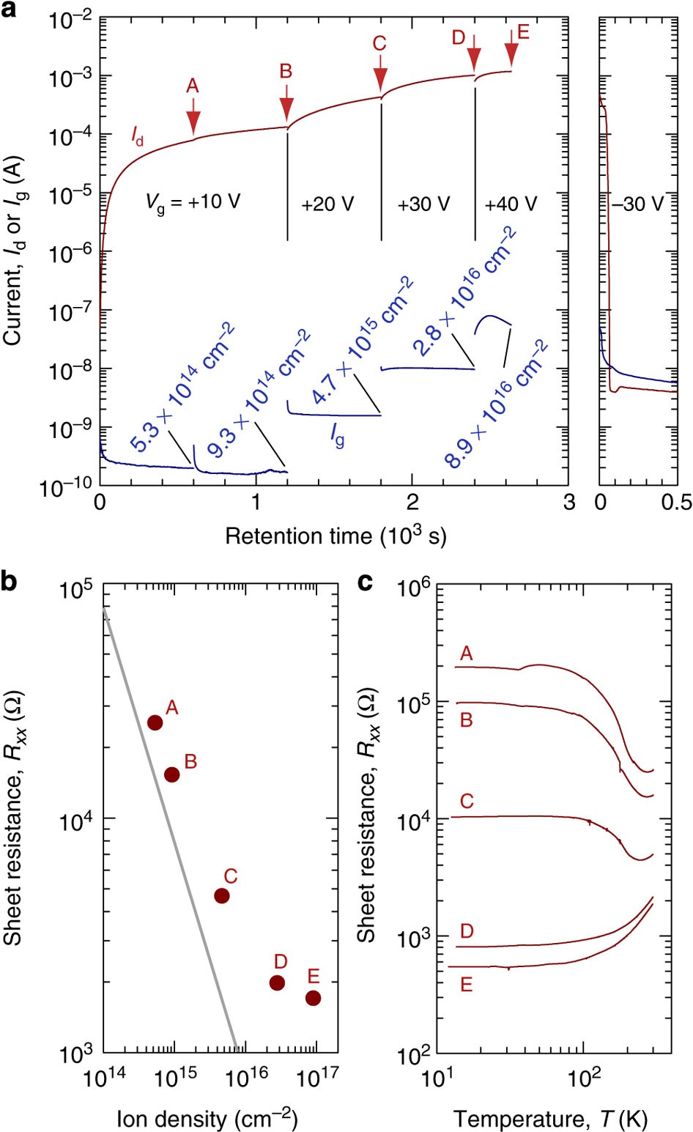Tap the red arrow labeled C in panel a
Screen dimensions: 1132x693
click(x=380, y=76)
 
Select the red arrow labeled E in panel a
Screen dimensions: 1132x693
click(x=511, y=51)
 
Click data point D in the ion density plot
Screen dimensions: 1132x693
click(x=277, y=983)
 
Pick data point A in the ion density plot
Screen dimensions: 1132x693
click(x=155, y=722)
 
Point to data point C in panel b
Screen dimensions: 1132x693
click(x=222, y=895)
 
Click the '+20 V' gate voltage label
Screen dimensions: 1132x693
click(x=327, y=204)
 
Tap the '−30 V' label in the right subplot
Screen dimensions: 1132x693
click(x=637, y=204)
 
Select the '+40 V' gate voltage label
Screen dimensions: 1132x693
click(x=511, y=204)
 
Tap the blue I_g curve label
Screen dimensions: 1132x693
click(x=337, y=437)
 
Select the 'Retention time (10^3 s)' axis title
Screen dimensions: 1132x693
click(x=336, y=536)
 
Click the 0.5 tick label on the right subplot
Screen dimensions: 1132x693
click(x=676, y=503)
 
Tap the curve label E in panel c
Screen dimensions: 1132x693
click(x=467, y=985)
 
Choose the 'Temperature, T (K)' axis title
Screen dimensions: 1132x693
click(x=550, y=1119)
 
